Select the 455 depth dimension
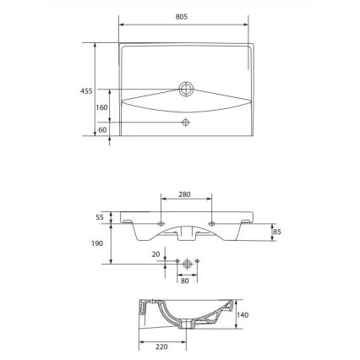[x=86, y=90]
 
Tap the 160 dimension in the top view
[x=101, y=107]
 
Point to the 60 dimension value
[x=101, y=129]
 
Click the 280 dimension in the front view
[x=184, y=194]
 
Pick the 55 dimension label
[x=99, y=217]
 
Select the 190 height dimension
[x=98, y=243]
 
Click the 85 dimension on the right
[x=277, y=231]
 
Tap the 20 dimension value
[x=155, y=253]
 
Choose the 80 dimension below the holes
[x=184, y=280]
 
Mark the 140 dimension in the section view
[x=243, y=314]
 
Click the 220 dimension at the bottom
[x=161, y=346]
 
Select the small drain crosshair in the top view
[x=186, y=123]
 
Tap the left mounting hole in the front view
[x=161, y=224]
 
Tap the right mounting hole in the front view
[x=210, y=224]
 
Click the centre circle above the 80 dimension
[x=185, y=264]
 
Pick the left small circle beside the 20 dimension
[x=175, y=264]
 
